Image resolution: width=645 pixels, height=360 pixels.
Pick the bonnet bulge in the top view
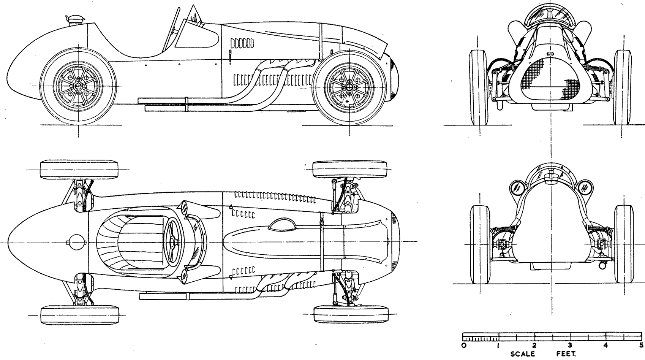282,225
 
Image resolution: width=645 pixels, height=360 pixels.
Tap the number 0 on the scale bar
463,345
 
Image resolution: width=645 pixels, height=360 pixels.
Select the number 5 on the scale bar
641,345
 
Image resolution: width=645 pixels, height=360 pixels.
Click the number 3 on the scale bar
570,345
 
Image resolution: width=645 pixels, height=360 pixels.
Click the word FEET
566,354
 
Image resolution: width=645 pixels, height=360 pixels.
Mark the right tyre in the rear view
624,244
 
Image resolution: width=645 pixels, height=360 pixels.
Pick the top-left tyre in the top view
79,169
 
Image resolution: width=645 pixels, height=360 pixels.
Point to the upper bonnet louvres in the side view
242,43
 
